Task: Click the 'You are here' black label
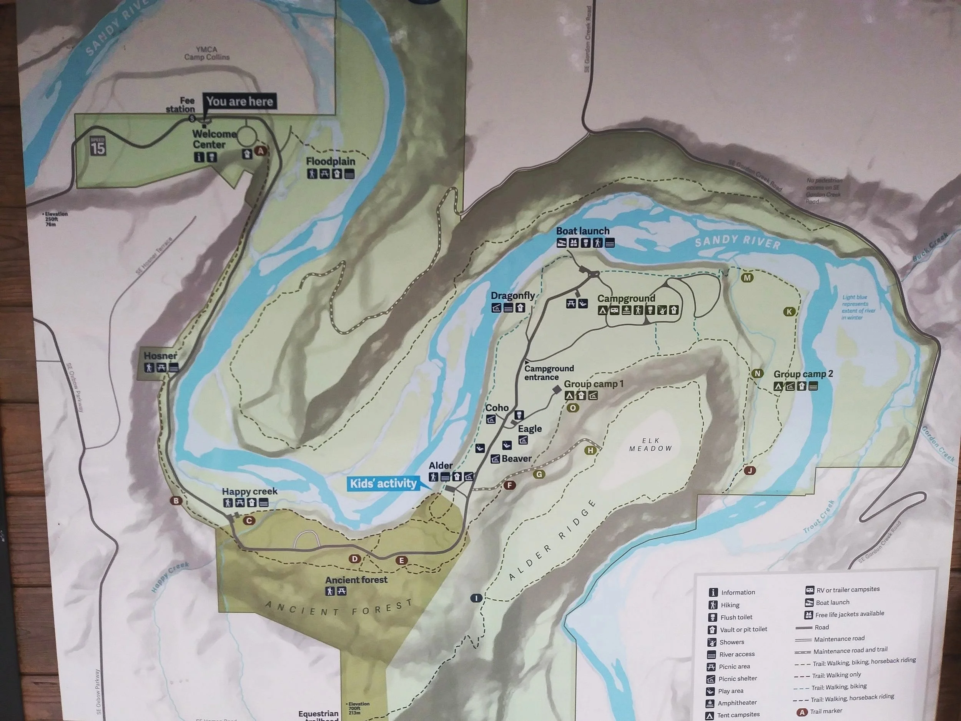pos(239,102)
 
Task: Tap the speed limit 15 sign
pos(98,146)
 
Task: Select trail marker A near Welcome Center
pos(261,151)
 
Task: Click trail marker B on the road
pos(176,501)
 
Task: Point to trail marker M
pos(747,278)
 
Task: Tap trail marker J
pos(750,470)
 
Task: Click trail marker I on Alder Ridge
pos(476,598)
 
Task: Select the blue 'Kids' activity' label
pos(383,483)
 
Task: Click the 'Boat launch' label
pos(583,231)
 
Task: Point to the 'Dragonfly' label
pos(513,296)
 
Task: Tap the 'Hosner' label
pos(160,356)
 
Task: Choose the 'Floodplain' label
pos(330,162)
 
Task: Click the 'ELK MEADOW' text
pos(650,445)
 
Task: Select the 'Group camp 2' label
pos(803,374)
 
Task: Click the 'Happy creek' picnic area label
pos(249,491)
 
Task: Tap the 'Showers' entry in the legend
pos(732,642)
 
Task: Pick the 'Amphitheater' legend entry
pos(737,703)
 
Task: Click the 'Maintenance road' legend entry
pos(839,639)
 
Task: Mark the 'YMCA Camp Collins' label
pos(206,53)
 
